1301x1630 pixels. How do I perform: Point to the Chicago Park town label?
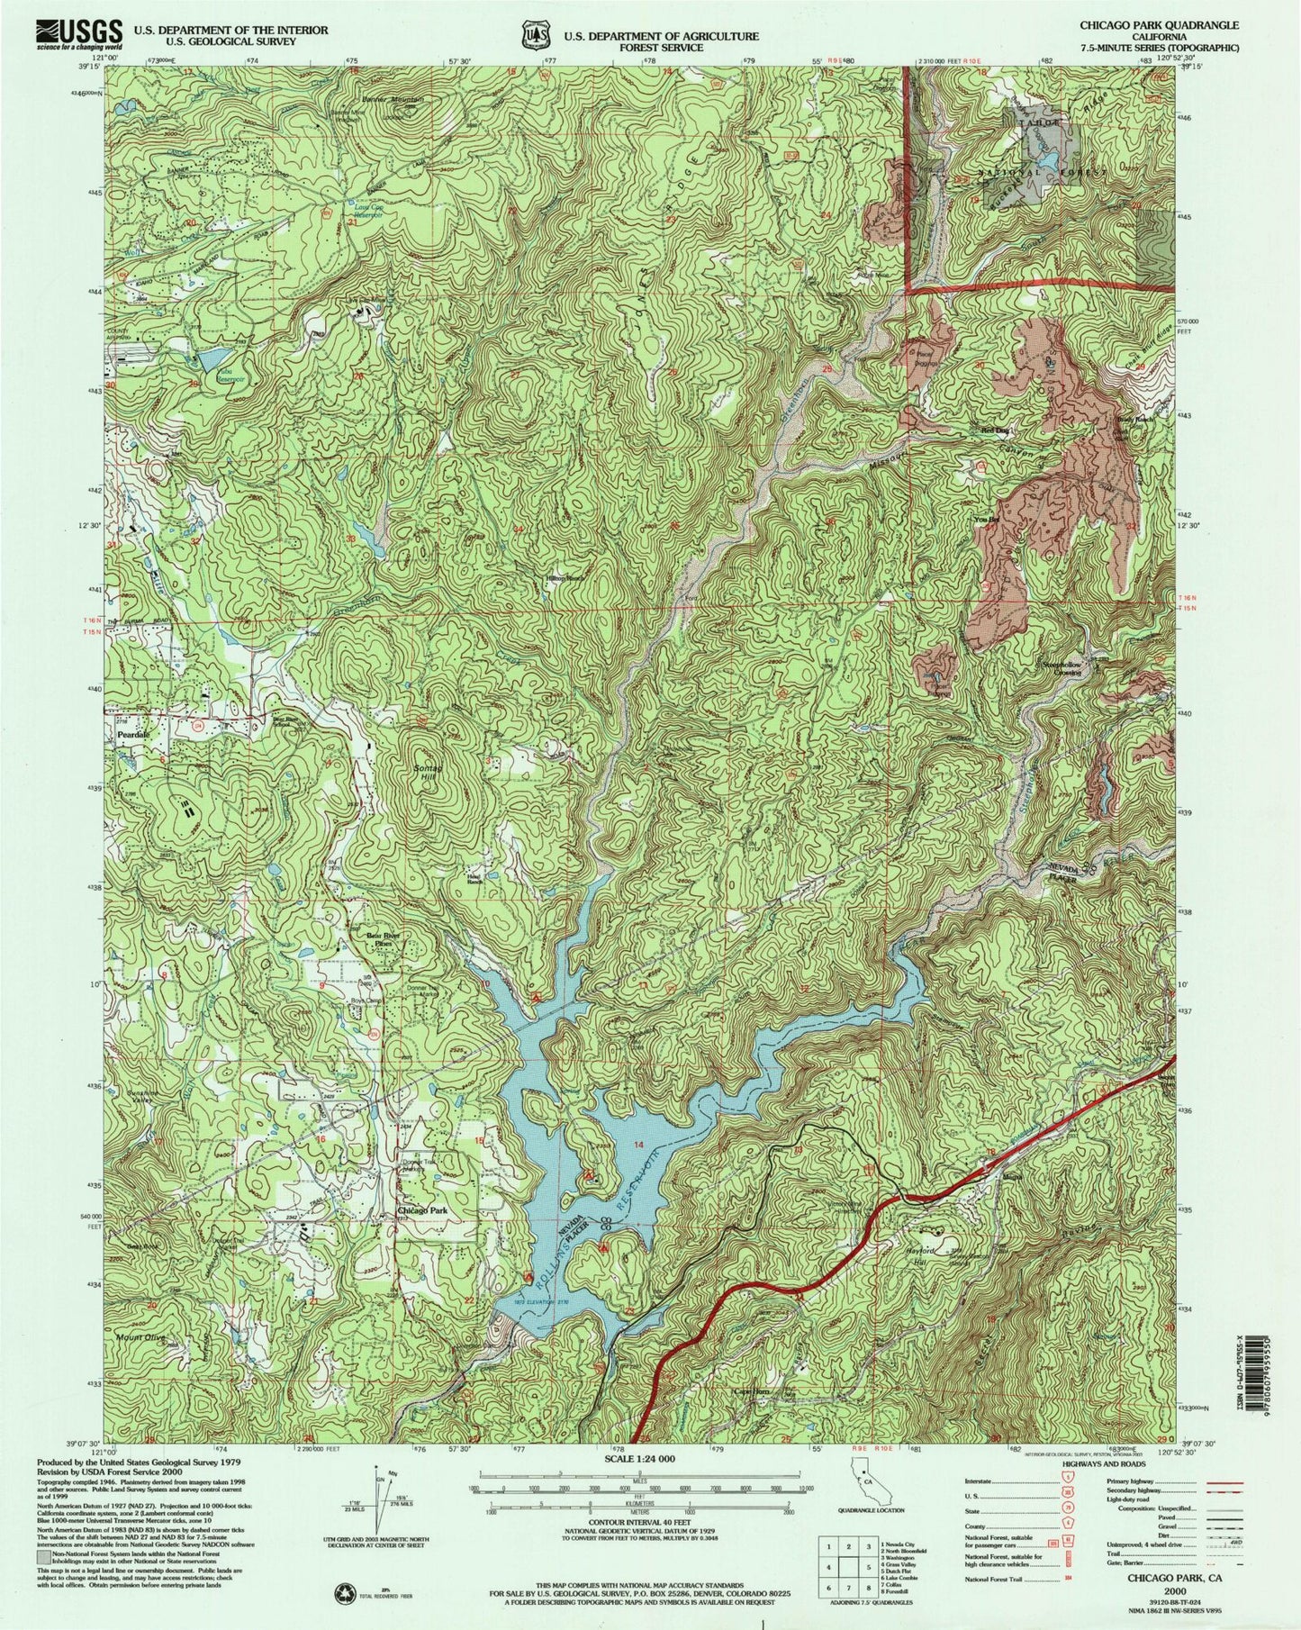(422, 1211)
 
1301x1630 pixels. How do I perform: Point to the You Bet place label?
(986, 520)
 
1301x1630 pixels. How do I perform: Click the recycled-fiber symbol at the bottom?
(345, 1590)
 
